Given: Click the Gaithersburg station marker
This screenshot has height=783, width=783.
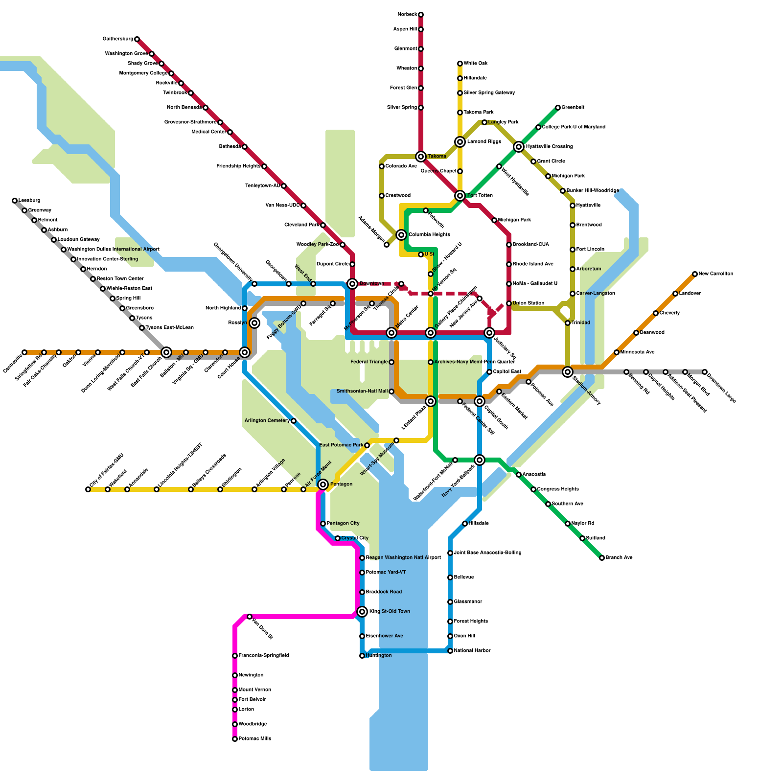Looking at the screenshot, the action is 137,39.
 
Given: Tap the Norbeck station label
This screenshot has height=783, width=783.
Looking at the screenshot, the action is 407,15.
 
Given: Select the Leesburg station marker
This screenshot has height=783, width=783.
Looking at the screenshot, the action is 15,201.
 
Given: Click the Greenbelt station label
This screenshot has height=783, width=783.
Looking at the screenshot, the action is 573,108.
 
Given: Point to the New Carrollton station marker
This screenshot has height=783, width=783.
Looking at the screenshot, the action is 695,274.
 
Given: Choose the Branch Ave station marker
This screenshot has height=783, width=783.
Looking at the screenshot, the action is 602,558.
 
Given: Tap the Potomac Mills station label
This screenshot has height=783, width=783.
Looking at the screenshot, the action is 254,739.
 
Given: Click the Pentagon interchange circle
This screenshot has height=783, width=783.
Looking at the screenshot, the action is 323,484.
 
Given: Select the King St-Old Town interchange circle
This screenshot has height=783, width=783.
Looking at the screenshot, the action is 362,612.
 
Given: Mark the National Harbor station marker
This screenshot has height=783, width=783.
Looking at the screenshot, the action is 450,651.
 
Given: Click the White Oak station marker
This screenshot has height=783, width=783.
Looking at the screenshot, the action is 460,64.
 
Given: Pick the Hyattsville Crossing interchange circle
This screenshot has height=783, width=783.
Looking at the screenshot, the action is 519,147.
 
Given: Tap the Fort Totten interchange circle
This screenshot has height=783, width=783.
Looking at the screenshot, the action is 460,196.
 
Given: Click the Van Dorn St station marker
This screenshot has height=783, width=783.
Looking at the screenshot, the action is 250,617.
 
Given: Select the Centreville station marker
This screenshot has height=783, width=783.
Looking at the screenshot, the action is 24,352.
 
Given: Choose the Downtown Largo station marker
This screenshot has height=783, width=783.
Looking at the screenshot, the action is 705,372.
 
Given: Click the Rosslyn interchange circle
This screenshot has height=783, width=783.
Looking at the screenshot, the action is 254,323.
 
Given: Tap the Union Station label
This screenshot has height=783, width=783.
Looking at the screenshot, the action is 528,303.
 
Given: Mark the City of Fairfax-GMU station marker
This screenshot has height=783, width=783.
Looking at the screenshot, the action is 88,489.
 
